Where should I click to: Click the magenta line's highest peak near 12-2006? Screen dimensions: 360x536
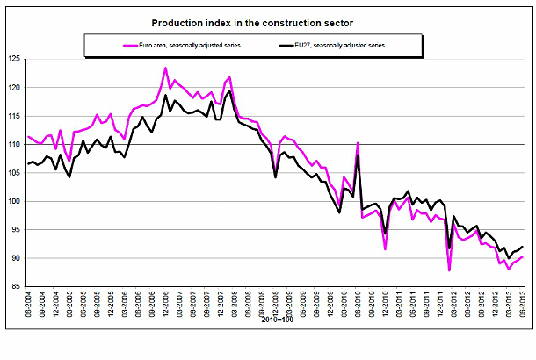click(x=165, y=68)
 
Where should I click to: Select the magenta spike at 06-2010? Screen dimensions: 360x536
click(x=358, y=142)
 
